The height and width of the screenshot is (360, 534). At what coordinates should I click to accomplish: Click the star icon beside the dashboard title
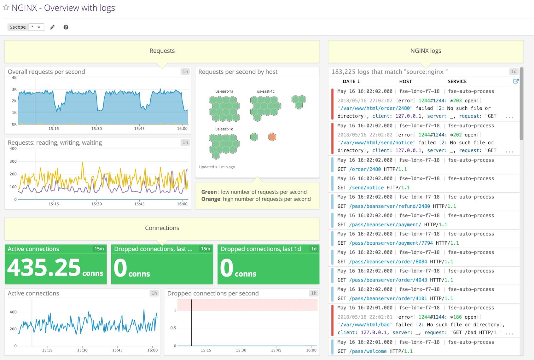coord(6,8)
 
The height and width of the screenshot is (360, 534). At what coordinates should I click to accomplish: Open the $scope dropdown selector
coord(36,27)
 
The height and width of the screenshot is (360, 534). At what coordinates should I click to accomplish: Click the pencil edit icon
coord(52,27)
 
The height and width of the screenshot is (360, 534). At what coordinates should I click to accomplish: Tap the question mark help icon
coord(66,27)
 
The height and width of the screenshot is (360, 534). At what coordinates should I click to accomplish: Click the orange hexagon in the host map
coord(272,137)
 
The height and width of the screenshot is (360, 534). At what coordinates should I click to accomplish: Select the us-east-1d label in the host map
coord(224,129)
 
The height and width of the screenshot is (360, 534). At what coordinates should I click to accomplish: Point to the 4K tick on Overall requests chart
coord(14,78)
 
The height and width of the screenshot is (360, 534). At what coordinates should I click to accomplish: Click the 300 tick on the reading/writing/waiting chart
coord(13,161)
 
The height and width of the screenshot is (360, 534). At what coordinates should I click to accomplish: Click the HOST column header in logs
coord(405,81)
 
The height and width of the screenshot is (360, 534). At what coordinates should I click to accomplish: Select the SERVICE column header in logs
coord(457,81)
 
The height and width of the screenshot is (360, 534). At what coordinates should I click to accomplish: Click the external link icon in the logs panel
coord(516,81)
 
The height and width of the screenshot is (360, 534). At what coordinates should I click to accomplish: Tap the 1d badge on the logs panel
coord(514,72)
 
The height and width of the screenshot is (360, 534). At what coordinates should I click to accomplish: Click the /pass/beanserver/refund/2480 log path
coord(389,206)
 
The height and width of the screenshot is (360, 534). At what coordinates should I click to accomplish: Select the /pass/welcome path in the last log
coord(368,351)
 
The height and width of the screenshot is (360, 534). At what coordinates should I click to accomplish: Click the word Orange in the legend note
coord(211,199)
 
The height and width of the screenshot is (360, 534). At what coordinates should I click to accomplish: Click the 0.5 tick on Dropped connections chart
coord(173,328)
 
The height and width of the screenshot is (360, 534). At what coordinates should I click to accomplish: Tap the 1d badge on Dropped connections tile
coord(314,249)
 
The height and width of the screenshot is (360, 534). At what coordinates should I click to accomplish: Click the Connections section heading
coord(162,228)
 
